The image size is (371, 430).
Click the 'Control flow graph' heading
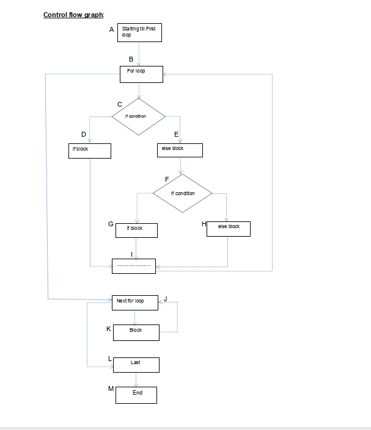point(73,15)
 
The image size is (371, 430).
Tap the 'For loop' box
point(141,74)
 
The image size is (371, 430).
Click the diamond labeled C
point(138,116)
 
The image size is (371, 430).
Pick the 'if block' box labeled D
point(90,151)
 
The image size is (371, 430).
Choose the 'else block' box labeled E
point(180,150)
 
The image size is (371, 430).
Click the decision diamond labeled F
point(183,193)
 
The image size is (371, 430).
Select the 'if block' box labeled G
point(136,230)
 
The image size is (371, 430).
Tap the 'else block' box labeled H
point(229,228)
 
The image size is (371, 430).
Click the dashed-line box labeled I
point(134,266)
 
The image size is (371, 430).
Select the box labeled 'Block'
point(136,332)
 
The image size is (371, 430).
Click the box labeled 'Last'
point(136,365)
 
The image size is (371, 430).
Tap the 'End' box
point(137,395)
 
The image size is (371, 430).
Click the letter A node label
point(112,29)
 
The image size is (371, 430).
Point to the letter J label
point(166,298)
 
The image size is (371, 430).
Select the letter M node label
point(111,388)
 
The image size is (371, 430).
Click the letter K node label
point(109,329)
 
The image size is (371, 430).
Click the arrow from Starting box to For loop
point(140,54)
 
